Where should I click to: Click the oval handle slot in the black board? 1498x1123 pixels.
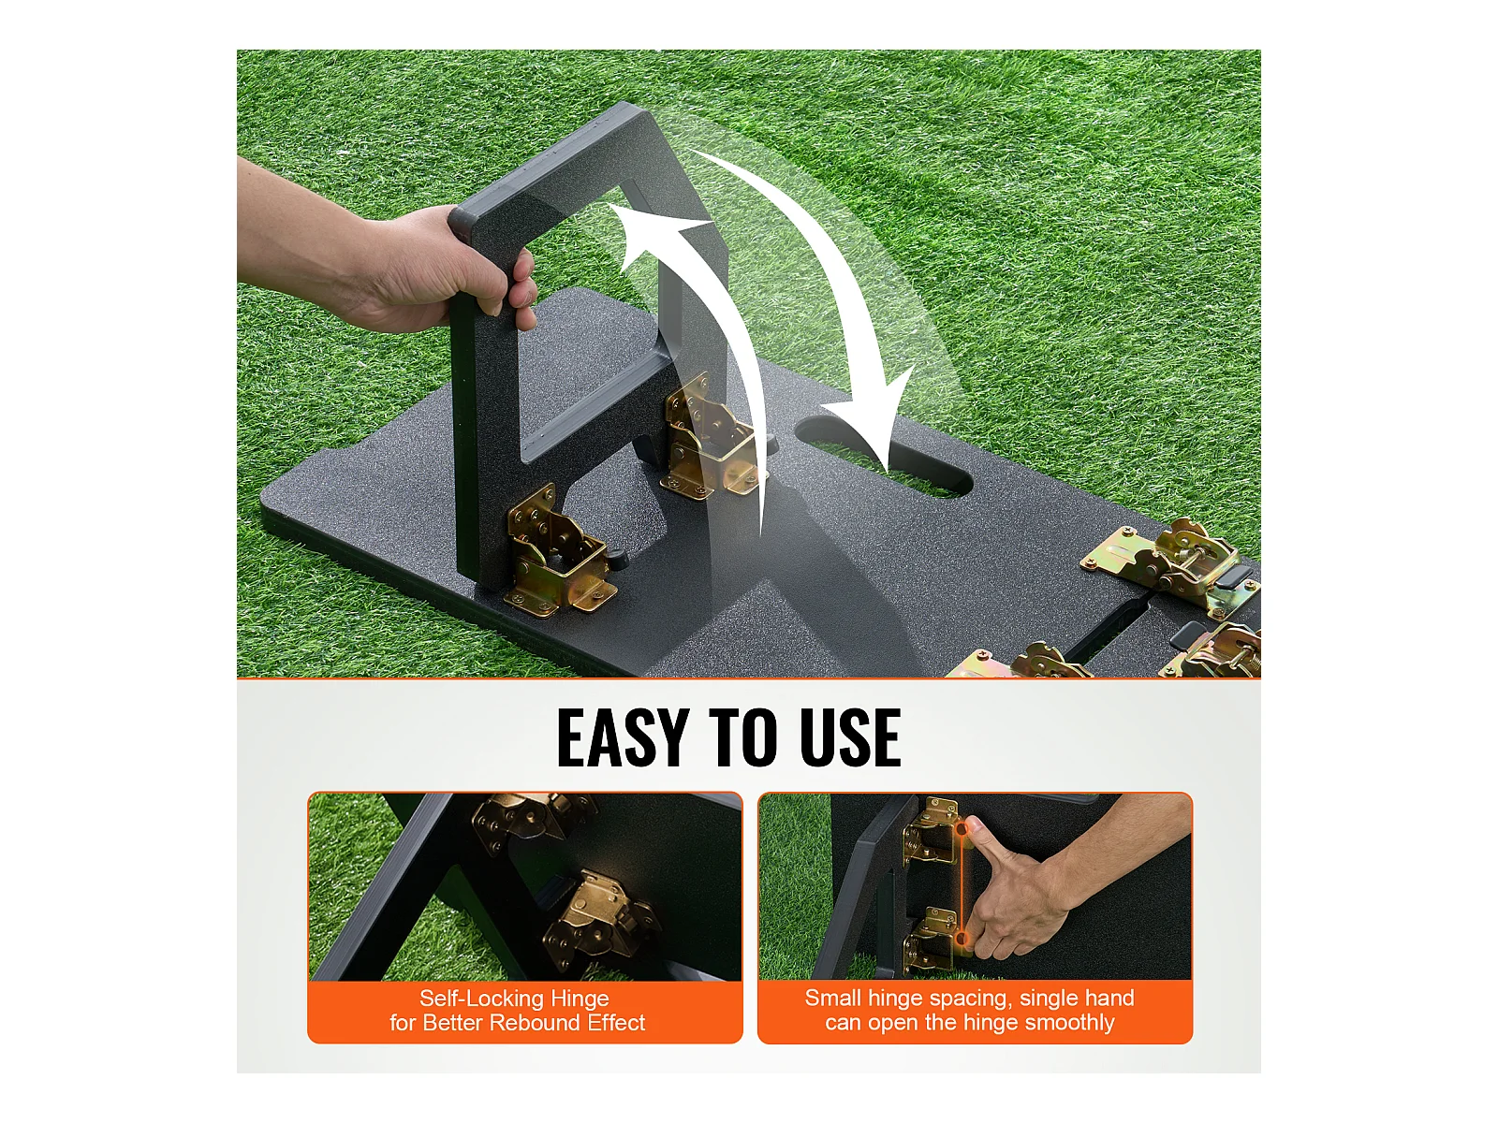885,458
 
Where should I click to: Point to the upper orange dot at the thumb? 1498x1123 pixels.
962,828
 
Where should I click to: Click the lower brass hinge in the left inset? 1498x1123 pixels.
599,918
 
